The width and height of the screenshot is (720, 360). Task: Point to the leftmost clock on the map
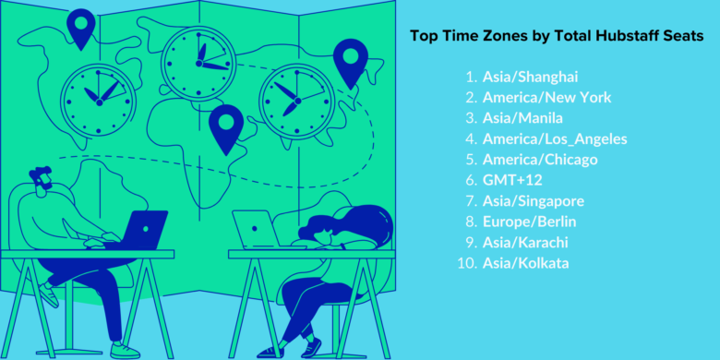(x=96, y=95)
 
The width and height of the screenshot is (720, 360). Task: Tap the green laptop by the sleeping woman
(x=257, y=227)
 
